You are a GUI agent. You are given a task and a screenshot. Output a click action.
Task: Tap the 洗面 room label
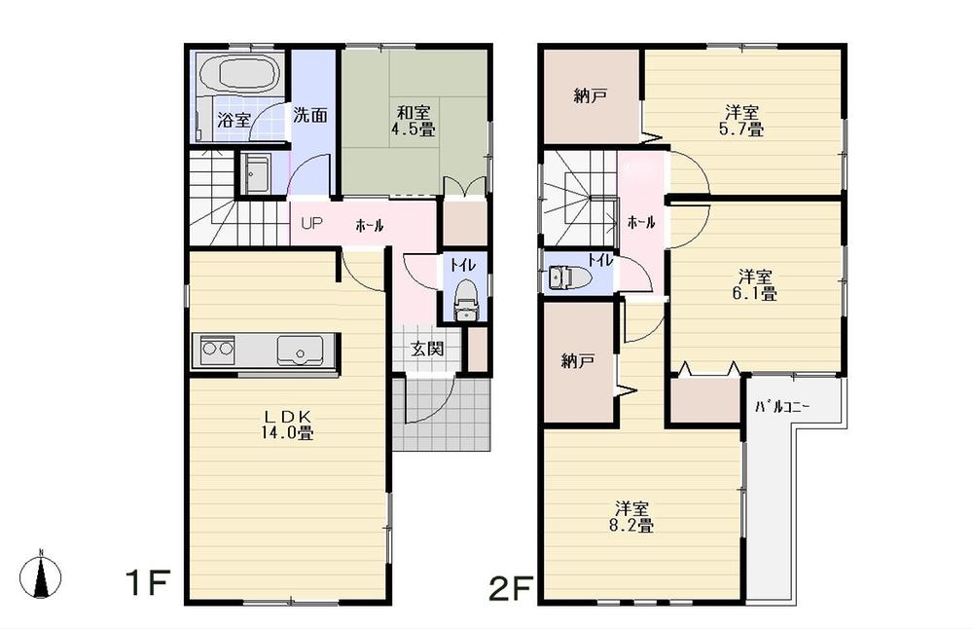tap(310, 114)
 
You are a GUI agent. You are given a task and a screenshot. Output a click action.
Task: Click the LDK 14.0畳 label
tap(285, 426)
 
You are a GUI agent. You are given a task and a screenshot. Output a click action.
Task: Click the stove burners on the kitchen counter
tap(217, 348)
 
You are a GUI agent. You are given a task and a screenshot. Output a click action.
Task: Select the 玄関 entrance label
tap(427, 348)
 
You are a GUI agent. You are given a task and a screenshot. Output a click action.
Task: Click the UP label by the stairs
tap(311, 223)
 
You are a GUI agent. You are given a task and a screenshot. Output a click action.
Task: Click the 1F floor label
tap(147, 584)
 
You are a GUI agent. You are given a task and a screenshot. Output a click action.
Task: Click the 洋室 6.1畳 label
tap(755, 283)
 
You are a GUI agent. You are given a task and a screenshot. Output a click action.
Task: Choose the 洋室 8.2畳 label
tap(632, 517)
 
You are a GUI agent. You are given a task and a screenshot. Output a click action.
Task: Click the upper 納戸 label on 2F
tap(591, 95)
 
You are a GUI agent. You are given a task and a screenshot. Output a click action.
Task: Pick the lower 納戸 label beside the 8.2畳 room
tap(578, 361)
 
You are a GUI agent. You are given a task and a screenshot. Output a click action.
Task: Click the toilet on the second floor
tap(565, 278)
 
